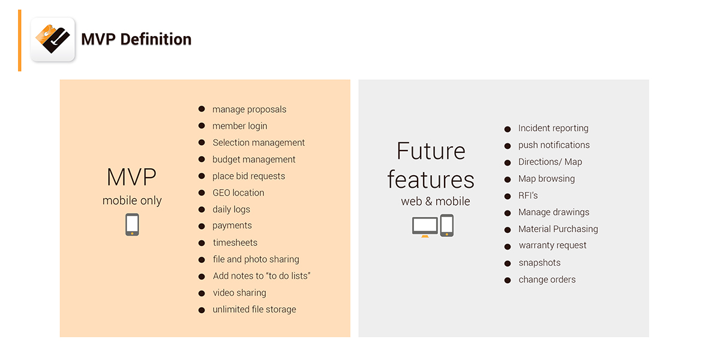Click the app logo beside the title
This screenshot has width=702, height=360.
(53, 40)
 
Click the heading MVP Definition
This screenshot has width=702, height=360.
(136, 40)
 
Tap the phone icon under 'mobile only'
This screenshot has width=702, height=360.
(132, 224)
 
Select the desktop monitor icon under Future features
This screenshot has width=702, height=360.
(425, 227)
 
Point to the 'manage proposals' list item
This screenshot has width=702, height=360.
(250, 109)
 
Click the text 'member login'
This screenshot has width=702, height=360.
(239, 126)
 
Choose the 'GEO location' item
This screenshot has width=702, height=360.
(238, 193)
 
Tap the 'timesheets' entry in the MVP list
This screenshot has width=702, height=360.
(235, 242)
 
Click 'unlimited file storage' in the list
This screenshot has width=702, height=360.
(254, 310)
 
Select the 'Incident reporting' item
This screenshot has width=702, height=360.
(553, 128)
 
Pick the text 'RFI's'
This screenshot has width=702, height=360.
(528, 195)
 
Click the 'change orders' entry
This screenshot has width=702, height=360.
(547, 280)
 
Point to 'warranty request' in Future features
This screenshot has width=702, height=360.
(553, 245)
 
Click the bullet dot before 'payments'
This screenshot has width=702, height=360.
(202, 226)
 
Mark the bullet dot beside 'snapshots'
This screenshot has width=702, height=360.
(507, 264)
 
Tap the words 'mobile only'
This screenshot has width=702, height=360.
(132, 200)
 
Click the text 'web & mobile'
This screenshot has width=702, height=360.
(435, 202)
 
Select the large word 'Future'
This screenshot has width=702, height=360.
(431, 151)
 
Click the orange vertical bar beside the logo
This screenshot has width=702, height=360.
(20, 40)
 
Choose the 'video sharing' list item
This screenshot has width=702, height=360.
(239, 293)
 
